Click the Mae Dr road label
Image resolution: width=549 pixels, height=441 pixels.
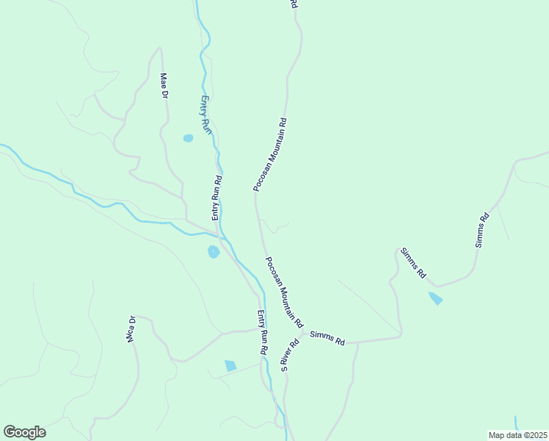tap(164, 86)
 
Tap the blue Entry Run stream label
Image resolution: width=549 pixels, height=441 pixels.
tap(206, 115)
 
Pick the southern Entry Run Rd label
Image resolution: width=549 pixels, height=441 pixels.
tap(262, 333)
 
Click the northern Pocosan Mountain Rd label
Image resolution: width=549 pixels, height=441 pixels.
tap(269, 155)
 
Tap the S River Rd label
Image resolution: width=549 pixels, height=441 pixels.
tap(291, 354)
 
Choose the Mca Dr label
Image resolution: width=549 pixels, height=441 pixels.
tap(131, 329)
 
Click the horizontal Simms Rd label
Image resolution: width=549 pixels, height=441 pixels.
tap(327, 338)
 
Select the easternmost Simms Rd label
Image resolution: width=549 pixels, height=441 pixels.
tap(481, 230)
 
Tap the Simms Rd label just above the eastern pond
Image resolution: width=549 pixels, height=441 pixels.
tap(413, 262)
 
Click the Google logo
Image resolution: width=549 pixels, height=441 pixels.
tap(24, 432)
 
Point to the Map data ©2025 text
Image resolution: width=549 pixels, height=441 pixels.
tap(518, 434)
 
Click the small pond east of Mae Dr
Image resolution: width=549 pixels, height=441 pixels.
tap(188, 137)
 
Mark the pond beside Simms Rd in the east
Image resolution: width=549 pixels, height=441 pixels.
tap(436, 298)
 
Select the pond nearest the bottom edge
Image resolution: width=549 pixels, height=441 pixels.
tap(230, 365)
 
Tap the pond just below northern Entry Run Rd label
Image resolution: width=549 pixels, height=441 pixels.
tap(214, 252)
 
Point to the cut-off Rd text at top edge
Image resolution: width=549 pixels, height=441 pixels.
tap(294, 4)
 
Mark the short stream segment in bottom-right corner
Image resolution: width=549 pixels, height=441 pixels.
tap(517, 423)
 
